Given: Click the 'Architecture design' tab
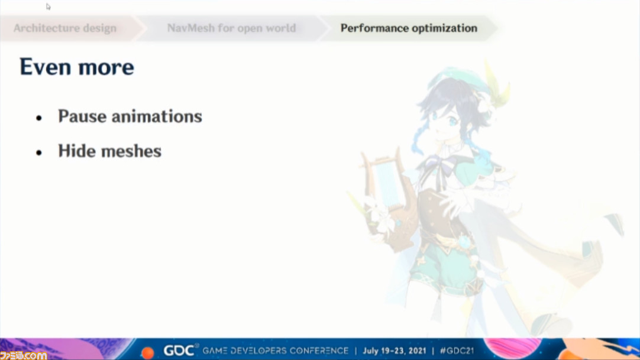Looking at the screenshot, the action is tap(65, 28).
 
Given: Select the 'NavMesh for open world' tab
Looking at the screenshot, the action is tap(231, 28).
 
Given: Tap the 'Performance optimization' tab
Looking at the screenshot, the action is tap(409, 28).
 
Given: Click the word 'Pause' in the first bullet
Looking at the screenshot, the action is tap(82, 116).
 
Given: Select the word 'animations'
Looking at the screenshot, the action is tap(157, 116).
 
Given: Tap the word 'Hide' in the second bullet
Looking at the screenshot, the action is tap(76, 151).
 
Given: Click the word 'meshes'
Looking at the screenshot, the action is tap(131, 151).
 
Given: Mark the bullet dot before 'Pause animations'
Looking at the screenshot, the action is tap(39, 118).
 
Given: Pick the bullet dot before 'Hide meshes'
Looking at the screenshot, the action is tap(39, 153).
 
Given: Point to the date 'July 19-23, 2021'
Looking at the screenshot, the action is tap(395, 351).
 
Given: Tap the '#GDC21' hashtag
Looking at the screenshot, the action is tap(457, 351).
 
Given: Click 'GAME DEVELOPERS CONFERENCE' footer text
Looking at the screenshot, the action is tap(276, 351).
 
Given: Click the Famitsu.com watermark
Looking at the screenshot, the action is tap(23, 355).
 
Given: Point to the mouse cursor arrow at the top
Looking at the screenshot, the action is tap(48, 7).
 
